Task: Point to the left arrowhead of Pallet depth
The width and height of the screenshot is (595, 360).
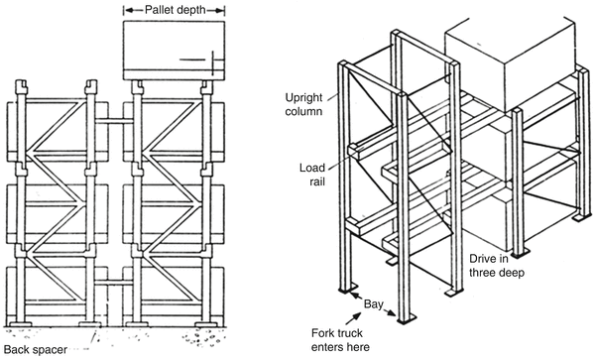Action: (126, 9)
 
